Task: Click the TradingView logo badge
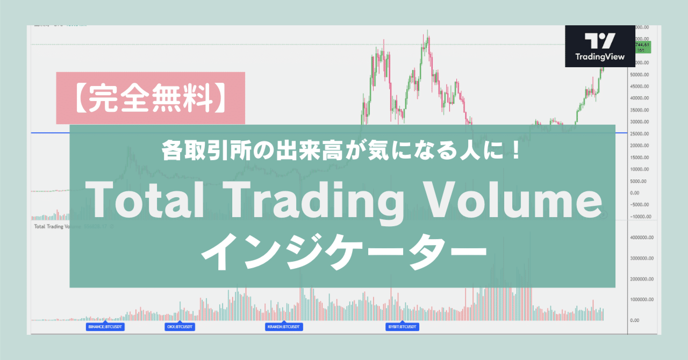point(600,47)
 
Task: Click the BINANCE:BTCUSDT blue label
point(105,327)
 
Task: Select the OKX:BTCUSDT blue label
point(180,327)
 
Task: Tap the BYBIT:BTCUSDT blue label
point(403,327)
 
